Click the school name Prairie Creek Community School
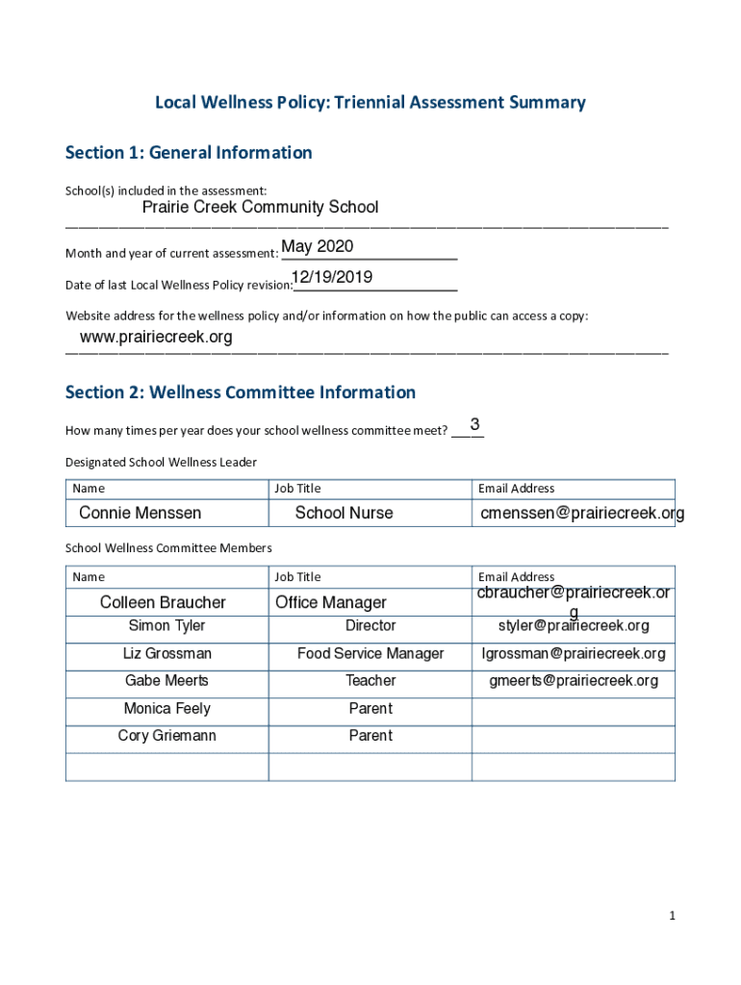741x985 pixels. click(x=260, y=208)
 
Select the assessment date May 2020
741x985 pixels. click(x=318, y=247)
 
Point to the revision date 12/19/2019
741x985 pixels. click(x=332, y=278)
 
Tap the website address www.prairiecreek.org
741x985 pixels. click(x=156, y=338)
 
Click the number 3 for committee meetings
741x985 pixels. click(x=474, y=424)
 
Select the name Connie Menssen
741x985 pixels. click(x=141, y=514)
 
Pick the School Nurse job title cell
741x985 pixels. click(x=344, y=514)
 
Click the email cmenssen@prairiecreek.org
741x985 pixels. click(x=582, y=514)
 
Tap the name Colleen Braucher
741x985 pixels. click(x=163, y=603)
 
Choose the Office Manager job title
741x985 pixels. click(x=331, y=603)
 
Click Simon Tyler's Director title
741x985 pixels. click(x=370, y=626)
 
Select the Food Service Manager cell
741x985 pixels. click(x=370, y=654)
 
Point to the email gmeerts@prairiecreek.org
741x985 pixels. click(x=574, y=681)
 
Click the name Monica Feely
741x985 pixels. click(x=166, y=709)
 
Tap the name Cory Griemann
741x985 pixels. click(x=166, y=736)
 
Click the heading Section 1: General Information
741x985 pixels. click(x=189, y=153)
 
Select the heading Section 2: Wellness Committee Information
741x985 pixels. click(x=241, y=392)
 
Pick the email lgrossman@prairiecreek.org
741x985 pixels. click(x=574, y=654)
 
